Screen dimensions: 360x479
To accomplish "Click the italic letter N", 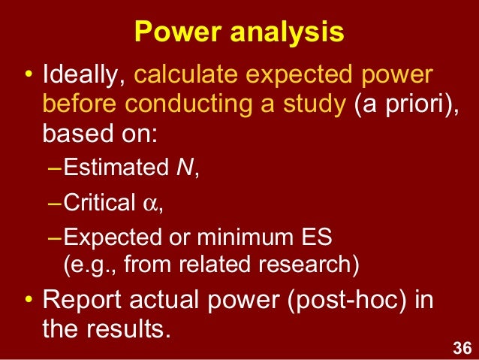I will coord(182,167).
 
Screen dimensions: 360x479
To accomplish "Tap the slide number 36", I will coord(462,347).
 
